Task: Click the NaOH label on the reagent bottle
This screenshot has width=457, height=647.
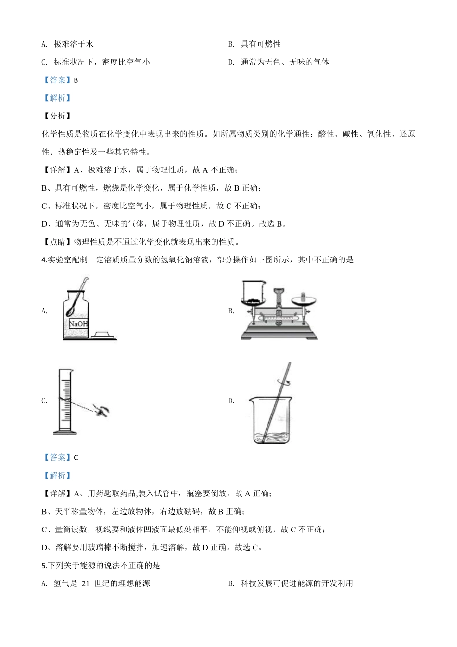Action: (x=78, y=324)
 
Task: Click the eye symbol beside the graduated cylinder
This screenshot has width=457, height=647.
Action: (x=102, y=410)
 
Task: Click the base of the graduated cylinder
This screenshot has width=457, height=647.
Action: (x=65, y=432)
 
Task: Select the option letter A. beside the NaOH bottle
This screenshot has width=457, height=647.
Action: (x=44, y=311)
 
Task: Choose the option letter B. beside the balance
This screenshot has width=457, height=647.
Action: (x=231, y=311)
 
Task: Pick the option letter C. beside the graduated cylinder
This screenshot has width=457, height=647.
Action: (x=44, y=401)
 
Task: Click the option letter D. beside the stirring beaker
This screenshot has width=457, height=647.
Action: (x=231, y=401)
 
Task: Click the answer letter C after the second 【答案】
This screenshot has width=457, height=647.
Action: (x=76, y=458)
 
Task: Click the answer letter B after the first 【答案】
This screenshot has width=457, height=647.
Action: (x=76, y=80)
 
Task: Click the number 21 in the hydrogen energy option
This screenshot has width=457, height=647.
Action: (x=86, y=583)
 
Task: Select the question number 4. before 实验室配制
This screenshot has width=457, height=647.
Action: (x=44, y=260)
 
